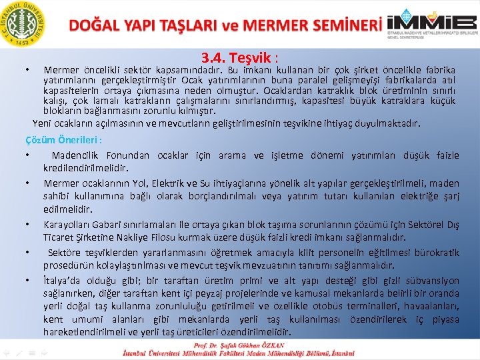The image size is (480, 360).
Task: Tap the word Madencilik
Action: pyautogui.click(x=77, y=155)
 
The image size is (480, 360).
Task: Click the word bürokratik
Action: pyautogui.click(x=432, y=253)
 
